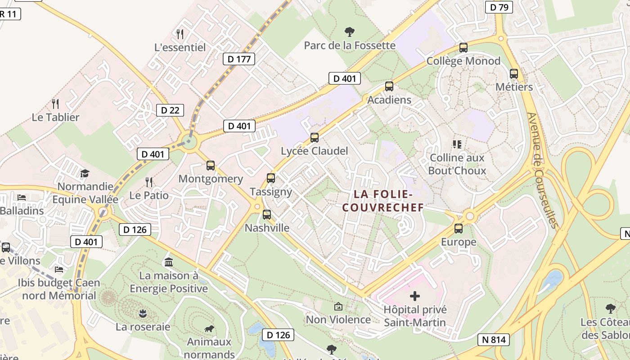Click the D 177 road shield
coord(239,59)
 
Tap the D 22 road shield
coord(170,110)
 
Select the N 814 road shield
coord(494,340)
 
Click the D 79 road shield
coord(499,7)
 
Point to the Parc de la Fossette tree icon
coord(349,32)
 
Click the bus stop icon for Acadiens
coord(389,86)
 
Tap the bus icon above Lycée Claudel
coord(315,138)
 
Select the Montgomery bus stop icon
coord(211,166)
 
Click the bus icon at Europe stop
coord(459,229)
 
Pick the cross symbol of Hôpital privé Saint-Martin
coord(415,296)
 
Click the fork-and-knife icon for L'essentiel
coord(180,34)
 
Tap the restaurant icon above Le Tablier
coord(55,104)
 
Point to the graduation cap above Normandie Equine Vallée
coord(85,174)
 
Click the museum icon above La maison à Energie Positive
coord(169,262)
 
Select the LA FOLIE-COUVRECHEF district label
coord(383,201)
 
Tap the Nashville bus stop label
coord(267,228)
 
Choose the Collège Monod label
coord(463,61)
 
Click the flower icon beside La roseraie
coord(143,313)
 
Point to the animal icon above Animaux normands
coord(209,329)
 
